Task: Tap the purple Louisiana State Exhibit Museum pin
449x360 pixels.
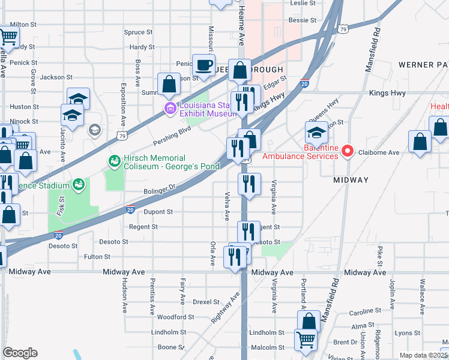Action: (x=170, y=109)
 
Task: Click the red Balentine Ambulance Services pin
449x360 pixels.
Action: (x=346, y=152)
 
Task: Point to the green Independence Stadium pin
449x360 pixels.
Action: (x=78, y=185)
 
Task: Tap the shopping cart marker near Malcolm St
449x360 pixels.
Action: (x=306, y=340)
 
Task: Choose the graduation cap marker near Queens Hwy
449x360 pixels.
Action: (x=316, y=133)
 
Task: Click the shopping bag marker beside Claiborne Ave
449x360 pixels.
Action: (x=420, y=142)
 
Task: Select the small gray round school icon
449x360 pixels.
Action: (x=94, y=130)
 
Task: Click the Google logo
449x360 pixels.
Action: (x=20, y=353)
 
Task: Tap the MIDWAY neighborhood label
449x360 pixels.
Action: (x=351, y=180)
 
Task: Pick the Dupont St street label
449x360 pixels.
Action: (x=158, y=212)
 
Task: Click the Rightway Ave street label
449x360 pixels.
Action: (x=225, y=307)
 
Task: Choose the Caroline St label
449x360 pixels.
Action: (x=362, y=312)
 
